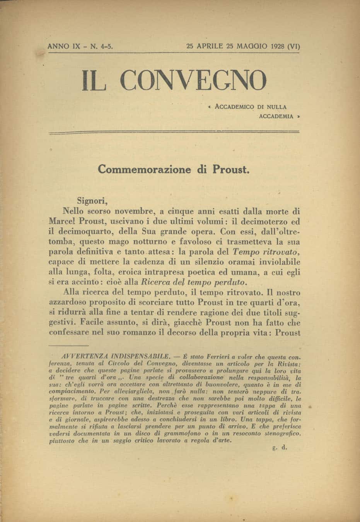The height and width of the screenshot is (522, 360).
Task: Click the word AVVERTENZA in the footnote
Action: click(x=81, y=354)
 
